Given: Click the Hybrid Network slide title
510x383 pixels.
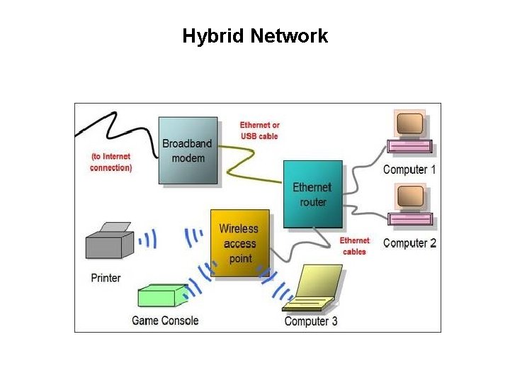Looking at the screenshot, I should [255, 36].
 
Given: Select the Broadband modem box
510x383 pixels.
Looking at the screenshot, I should [188, 150].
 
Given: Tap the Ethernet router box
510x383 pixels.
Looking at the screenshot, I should [312, 194].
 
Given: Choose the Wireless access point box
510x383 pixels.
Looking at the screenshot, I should [240, 243].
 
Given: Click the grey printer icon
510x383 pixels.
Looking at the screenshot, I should [109, 242].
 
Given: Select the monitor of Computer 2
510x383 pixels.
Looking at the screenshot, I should [410, 198].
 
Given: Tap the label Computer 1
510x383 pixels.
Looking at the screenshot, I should [409, 170].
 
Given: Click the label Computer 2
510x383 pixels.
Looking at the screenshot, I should [409, 243].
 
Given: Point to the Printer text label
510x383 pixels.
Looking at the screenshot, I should [106, 278].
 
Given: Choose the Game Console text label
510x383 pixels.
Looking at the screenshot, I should [165, 321].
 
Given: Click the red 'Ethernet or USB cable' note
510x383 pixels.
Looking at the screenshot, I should [259, 131].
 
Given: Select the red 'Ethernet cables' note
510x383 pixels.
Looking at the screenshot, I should [354, 246].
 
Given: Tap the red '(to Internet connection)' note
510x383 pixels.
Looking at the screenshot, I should [110, 162].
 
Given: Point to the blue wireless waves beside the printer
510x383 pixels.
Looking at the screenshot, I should [148, 240].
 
